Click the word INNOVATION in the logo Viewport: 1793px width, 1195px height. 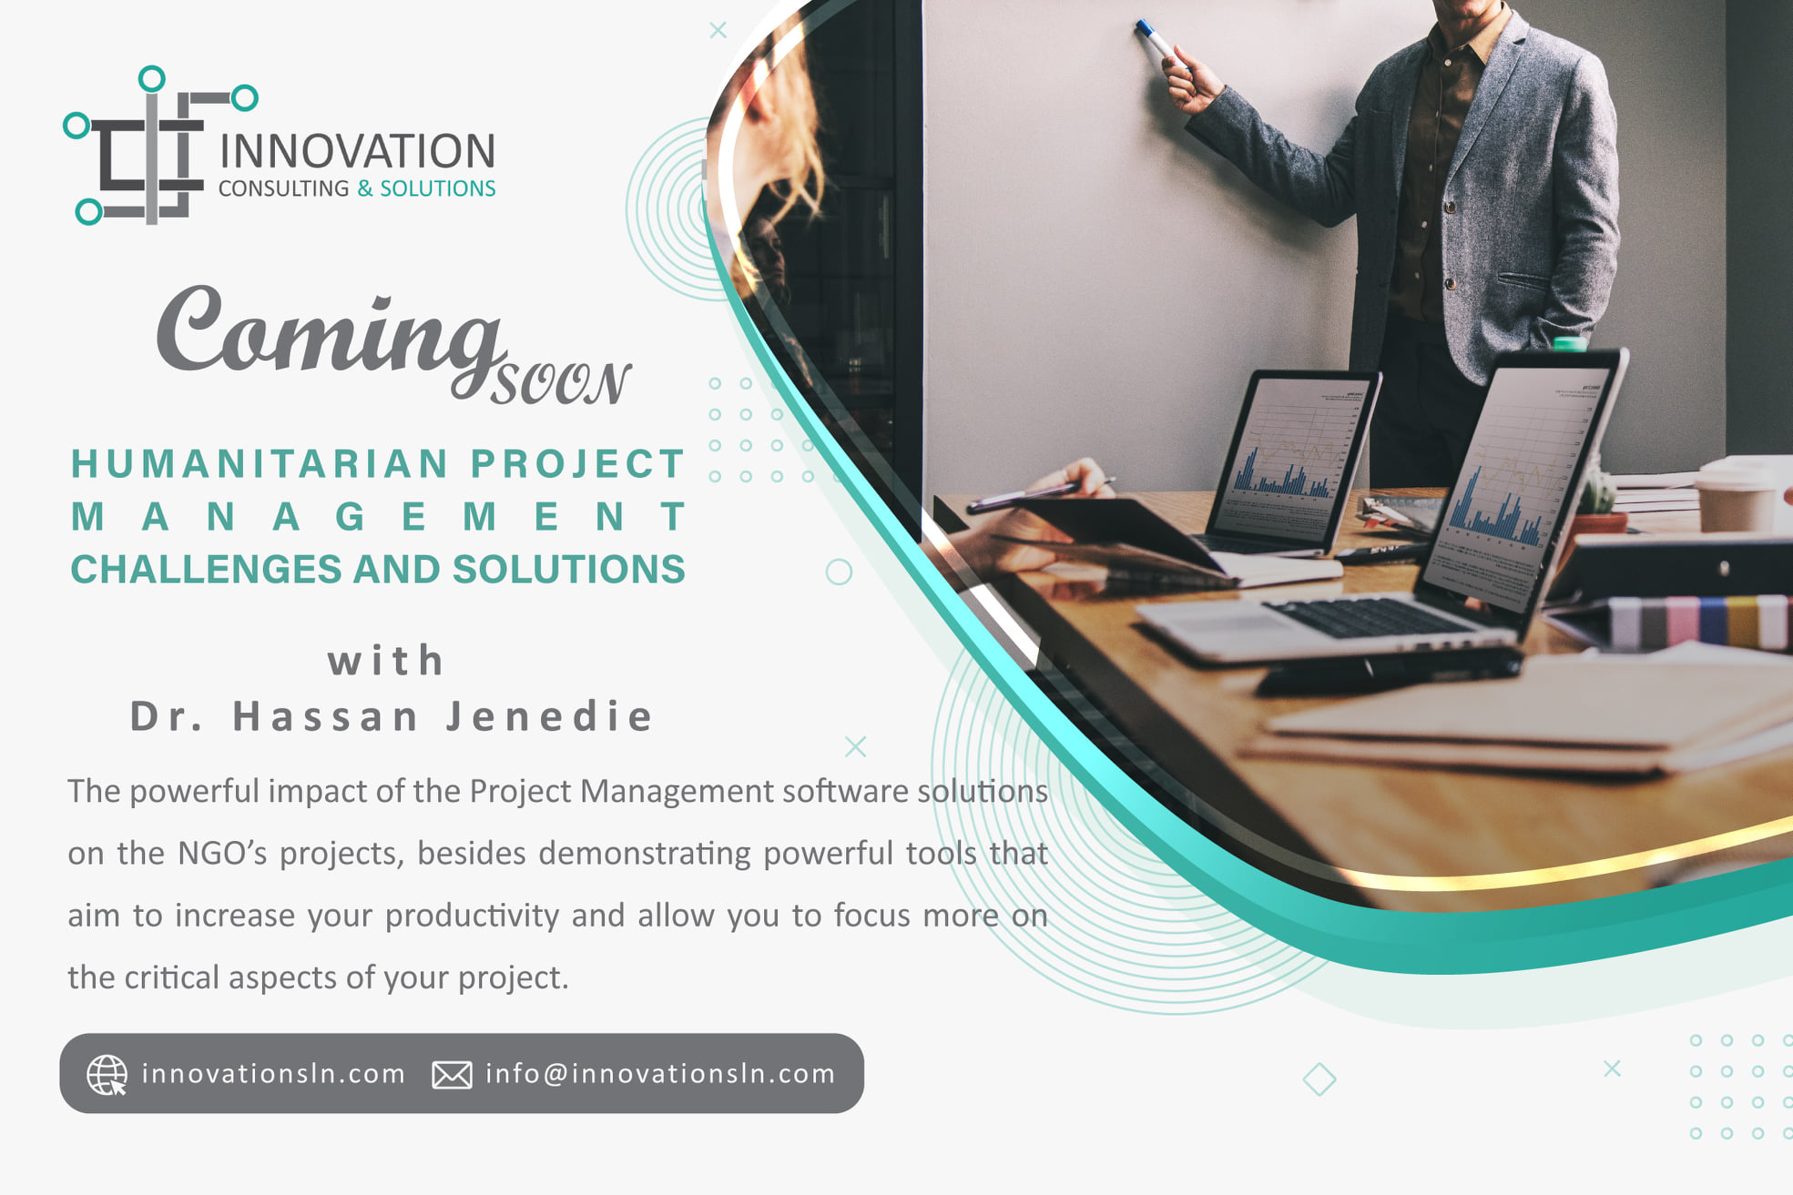click(x=357, y=151)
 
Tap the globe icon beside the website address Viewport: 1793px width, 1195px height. click(x=107, y=1074)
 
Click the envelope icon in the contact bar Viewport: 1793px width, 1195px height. click(x=452, y=1075)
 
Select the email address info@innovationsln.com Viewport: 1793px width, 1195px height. click(x=660, y=1074)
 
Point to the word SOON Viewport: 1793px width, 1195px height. click(x=561, y=383)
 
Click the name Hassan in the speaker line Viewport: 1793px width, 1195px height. click(x=325, y=716)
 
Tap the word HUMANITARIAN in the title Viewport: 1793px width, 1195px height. click(x=260, y=464)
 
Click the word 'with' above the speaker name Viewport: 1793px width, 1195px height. click(x=386, y=661)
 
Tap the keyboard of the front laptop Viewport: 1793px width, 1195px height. click(x=1371, y=617)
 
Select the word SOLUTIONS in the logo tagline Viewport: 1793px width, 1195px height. click(x=438, y=188)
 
